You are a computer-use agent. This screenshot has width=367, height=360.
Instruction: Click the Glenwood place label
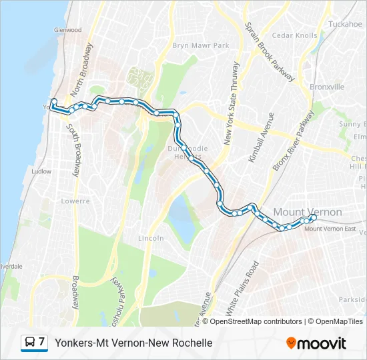(68, 30)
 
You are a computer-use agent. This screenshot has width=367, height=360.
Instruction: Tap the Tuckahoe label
(345, 24)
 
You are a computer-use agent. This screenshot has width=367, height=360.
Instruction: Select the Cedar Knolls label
(294, 35)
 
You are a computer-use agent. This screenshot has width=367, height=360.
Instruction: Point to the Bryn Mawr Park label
(201, 45)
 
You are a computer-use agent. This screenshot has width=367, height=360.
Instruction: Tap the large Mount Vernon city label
(308, 212)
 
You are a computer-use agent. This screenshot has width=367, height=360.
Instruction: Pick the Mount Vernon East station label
(330, 229)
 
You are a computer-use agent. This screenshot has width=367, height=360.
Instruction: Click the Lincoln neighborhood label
(151, 238)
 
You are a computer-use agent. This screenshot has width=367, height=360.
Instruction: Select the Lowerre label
(75, 201)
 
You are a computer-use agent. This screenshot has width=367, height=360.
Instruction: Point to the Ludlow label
(41, 171)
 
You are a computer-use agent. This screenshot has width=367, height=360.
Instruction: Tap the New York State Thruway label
(232, 103)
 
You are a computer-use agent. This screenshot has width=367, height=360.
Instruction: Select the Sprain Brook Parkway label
(270, 52)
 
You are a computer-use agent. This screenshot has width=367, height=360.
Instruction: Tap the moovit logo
(316, 343)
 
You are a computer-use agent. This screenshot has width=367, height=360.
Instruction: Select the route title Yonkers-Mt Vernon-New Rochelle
(133, 343)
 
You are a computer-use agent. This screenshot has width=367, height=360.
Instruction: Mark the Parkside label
(351, 299)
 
